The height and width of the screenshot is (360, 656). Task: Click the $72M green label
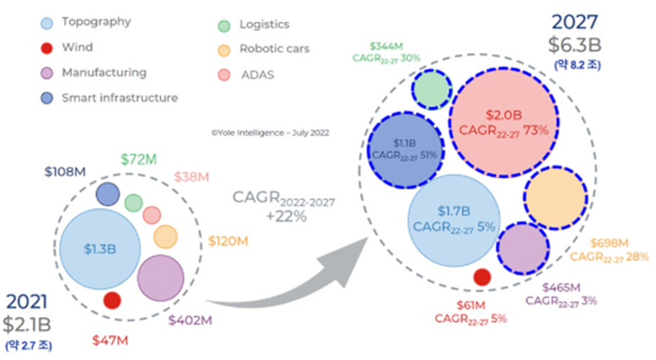[x=140, y=159]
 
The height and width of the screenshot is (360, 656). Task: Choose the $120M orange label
[x=228, y=242]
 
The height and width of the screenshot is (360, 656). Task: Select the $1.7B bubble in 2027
[x=452, y=219]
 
